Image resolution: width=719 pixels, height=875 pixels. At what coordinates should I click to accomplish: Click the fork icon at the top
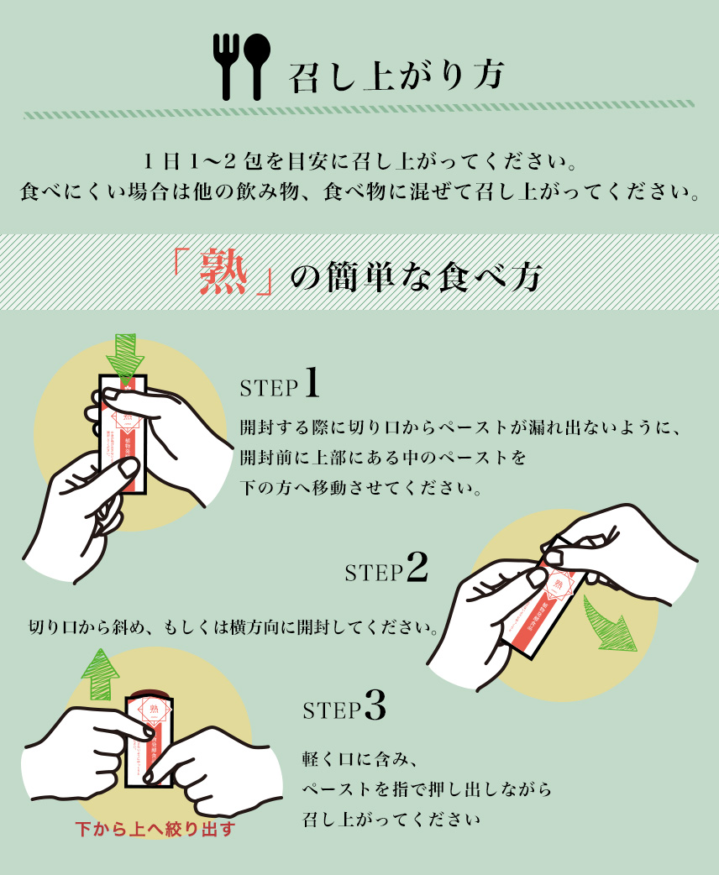[229, 65]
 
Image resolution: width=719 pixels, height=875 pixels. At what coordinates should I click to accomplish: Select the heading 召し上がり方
[396, 75]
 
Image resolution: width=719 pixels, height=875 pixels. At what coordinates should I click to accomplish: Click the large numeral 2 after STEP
[416, 568]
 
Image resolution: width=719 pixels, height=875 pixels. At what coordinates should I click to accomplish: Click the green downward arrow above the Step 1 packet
[124, 356]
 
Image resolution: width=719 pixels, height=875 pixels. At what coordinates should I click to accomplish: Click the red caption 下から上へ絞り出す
[155, 830]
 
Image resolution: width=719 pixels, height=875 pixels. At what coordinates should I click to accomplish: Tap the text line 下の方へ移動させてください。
[361, 488]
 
